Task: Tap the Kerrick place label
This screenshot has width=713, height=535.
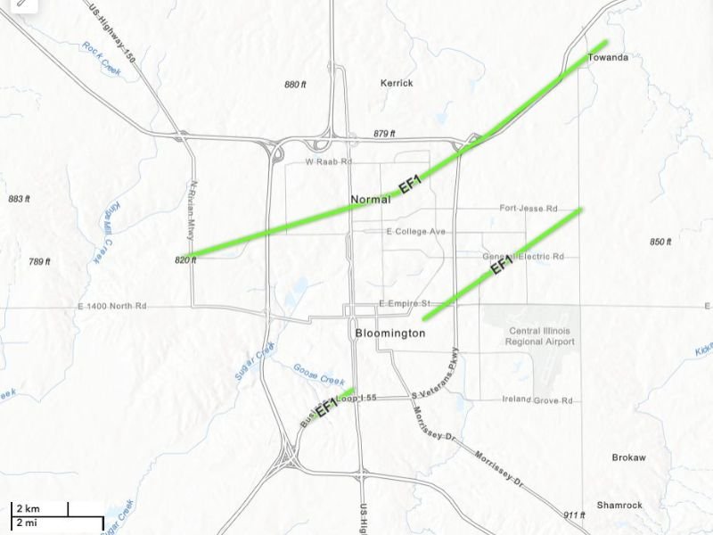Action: point(397,83)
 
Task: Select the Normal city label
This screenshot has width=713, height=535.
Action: point(371,199)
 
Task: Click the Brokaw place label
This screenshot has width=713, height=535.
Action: point(628,457)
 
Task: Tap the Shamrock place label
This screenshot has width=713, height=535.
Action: point(619,505)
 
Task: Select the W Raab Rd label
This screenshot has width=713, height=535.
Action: point(329,162)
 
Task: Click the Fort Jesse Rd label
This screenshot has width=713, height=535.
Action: point(528,209)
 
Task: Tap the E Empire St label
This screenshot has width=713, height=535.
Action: point(405,304)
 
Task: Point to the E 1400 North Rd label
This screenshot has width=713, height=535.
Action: point(111,306)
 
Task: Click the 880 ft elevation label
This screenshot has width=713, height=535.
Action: point(295,85)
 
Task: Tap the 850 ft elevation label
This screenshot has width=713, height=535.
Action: point(660,242)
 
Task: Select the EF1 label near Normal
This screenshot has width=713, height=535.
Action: point(410,185)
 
